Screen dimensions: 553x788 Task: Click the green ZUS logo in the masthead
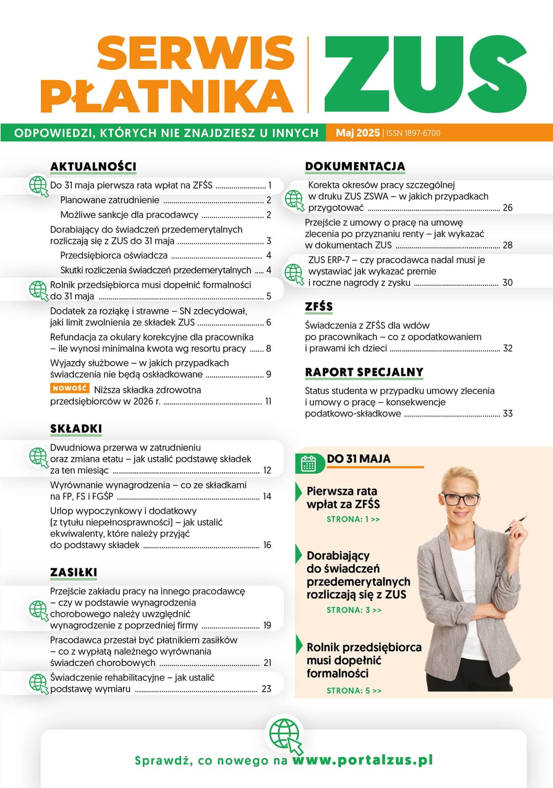pos(425,75)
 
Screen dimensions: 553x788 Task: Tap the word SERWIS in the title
pos(196,53)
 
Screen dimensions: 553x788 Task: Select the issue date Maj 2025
pos(357,133)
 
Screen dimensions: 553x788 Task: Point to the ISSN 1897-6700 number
pos(413,133)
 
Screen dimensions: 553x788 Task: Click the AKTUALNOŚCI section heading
pos(93,167)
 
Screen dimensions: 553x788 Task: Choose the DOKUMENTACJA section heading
pos(355,167)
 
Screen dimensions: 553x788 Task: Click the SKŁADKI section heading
pos(76,429)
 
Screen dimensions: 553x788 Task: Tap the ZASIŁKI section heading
pos(74,572)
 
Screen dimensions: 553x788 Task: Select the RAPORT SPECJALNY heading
pos(364,372)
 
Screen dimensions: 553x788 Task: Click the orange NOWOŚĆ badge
pos(70,388)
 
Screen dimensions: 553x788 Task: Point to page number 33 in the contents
pos(507,413)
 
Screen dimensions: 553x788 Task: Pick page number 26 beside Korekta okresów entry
pos(507,208)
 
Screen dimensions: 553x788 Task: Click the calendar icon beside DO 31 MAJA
pos(308,463)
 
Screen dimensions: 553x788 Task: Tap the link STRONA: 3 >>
pos(354,610)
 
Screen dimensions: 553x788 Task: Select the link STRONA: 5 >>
pos(354,691)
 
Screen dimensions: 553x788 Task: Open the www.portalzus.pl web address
pos(363,760)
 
